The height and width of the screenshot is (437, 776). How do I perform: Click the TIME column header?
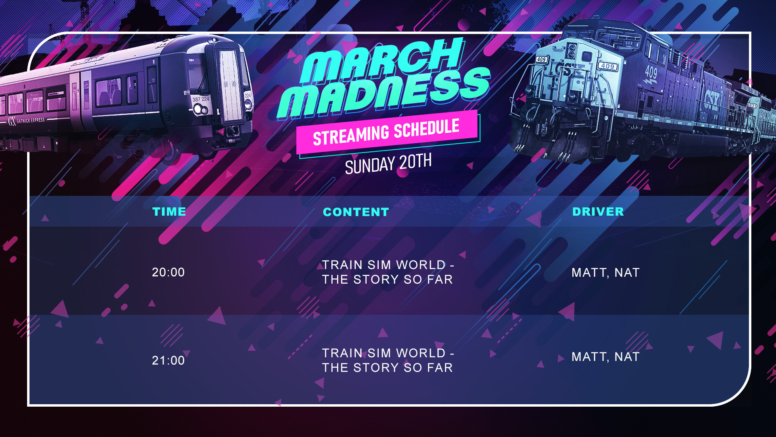point(169,212)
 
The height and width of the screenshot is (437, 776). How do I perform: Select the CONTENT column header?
point(356,212)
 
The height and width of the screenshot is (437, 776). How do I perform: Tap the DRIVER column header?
point(598,212)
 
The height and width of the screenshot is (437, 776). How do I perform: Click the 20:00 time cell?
point(168,272)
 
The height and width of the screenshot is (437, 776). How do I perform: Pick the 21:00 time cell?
point(168,361)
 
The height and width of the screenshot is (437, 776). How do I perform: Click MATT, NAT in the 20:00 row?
point(605,273)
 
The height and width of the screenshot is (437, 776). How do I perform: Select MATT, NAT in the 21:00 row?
point(605,357)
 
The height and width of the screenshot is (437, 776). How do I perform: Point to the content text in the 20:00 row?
point(388,272)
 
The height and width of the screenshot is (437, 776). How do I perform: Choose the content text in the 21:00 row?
point(388,361)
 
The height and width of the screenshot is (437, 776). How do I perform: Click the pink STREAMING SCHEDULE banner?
point(387,132)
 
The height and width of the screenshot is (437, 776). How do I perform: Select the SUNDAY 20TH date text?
point(388,163)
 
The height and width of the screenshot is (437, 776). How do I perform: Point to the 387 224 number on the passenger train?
point(200,99)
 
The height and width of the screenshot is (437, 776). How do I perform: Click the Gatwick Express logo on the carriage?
point(27,121)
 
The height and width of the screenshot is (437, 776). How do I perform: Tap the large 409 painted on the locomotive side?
point(651,73)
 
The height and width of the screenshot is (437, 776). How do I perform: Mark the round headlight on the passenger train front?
point(198,109)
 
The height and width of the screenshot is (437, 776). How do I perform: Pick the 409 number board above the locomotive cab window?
point(607,66)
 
